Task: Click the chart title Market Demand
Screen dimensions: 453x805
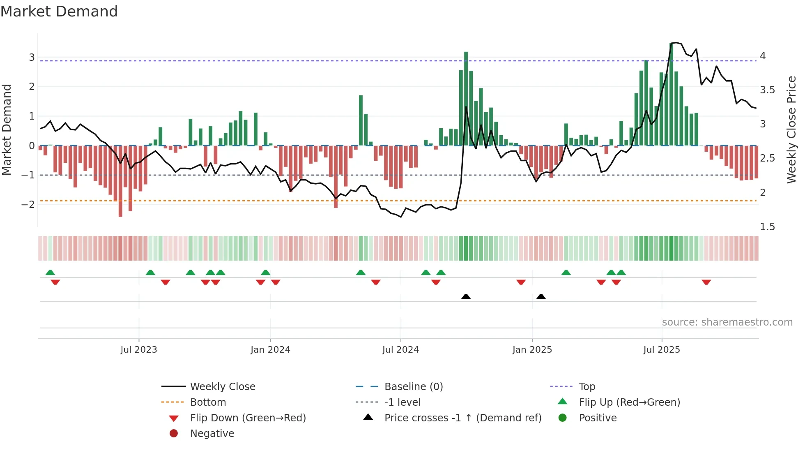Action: [59, 12]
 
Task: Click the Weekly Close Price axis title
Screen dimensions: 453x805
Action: [791, 129]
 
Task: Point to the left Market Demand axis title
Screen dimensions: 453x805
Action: [7, 129]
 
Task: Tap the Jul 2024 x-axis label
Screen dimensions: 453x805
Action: [400, 350]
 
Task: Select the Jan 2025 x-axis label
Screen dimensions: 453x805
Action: [532, 350]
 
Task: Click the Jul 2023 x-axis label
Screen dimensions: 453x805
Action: [139, 350]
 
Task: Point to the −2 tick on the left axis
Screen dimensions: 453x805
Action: [28, 204]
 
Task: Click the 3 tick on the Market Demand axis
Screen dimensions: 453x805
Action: [32, 57]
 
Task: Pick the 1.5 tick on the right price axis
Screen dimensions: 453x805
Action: [767, 227]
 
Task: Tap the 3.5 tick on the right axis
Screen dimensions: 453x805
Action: [767, 90]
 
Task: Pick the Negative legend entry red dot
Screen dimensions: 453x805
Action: [174, 434]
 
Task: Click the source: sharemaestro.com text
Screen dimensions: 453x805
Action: [727, 322]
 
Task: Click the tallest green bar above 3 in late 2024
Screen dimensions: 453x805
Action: [466, 99]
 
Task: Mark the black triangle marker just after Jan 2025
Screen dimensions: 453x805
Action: [541, 296]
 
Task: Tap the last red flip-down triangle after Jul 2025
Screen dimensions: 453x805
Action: [706, 282]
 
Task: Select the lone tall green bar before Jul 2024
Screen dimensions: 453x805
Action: [361, 120]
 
